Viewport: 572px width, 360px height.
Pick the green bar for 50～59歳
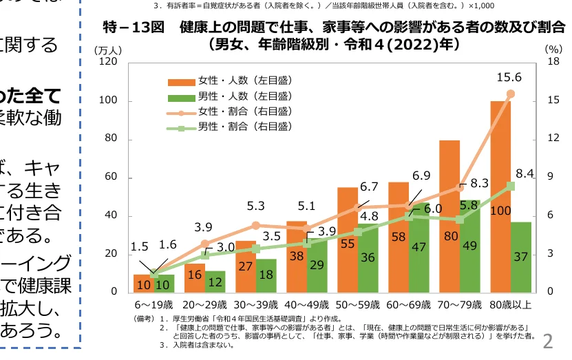pyautogui.click(x=368, y=257)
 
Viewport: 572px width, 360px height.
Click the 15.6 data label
pyautogui.click(x=510, y=77)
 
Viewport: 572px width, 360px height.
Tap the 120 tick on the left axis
pyautogui.click(x=108, y=62)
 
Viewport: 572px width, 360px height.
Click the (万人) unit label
pyautogui.click(x=108, y=50)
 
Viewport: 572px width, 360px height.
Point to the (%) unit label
pyautogui.click(x=553, y=50)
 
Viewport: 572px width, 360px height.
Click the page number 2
pyautogui.click(x=549, y=341)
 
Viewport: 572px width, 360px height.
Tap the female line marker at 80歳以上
pyautogui.click(x=510, y=93)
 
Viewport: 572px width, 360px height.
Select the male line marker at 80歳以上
pyautogui.click(x=510, y=185)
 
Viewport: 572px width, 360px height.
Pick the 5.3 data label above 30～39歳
pyautogui.click(x=256, y=205)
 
